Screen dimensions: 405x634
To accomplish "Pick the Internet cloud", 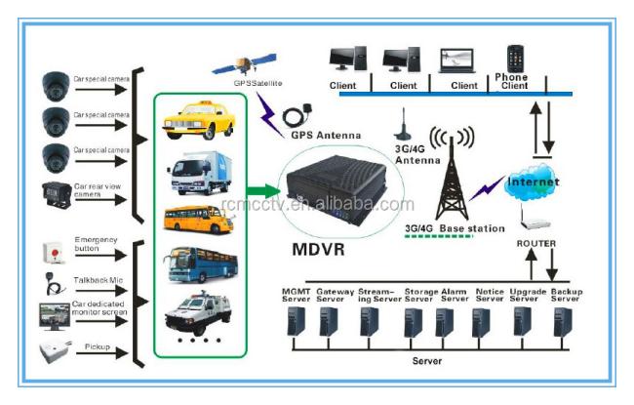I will coord(532,182).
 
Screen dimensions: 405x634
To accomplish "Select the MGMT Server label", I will coord(293,296).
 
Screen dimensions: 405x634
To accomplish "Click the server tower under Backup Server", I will coord(561,322).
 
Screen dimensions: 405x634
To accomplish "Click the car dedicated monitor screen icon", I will coord(51,314).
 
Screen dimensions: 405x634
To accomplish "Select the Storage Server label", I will coord(420,296).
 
